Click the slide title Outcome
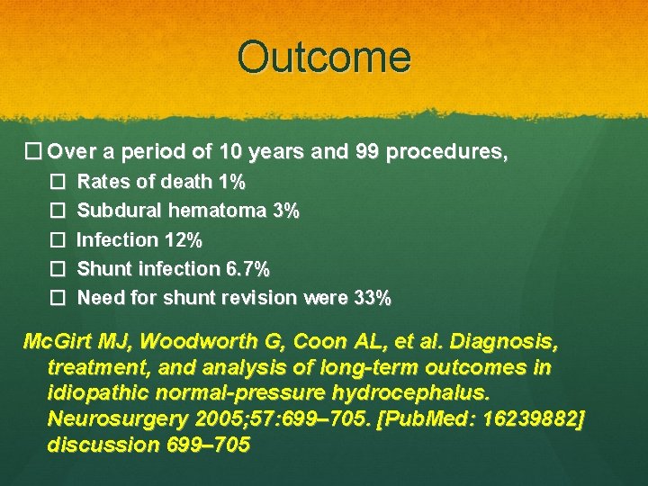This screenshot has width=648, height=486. coord(324,57)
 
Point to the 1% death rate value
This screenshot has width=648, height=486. coord(231,183)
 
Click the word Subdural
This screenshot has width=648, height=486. coord(115,211)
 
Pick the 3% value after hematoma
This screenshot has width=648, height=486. coord(285,211)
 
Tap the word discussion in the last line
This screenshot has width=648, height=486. coord(100,445)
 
